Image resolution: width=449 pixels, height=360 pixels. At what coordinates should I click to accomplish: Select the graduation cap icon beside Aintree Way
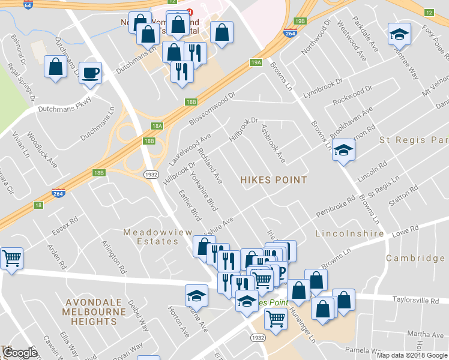(x=399, y=35)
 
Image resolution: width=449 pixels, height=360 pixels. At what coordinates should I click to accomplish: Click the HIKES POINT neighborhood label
(x=273, y=180)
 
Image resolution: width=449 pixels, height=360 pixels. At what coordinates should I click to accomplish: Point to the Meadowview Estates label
(x=151, y=236)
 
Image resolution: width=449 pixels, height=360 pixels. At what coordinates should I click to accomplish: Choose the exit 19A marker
(x=256, y=62)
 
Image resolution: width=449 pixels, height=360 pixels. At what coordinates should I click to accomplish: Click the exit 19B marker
(x=301, y=21)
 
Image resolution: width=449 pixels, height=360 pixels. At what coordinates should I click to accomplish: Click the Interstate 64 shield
(x=28, y=4)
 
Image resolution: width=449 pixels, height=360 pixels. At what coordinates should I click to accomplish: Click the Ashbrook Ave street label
(x=273, y=143)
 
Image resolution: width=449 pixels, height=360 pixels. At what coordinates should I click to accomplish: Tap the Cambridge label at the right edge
(x=415, y=258)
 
